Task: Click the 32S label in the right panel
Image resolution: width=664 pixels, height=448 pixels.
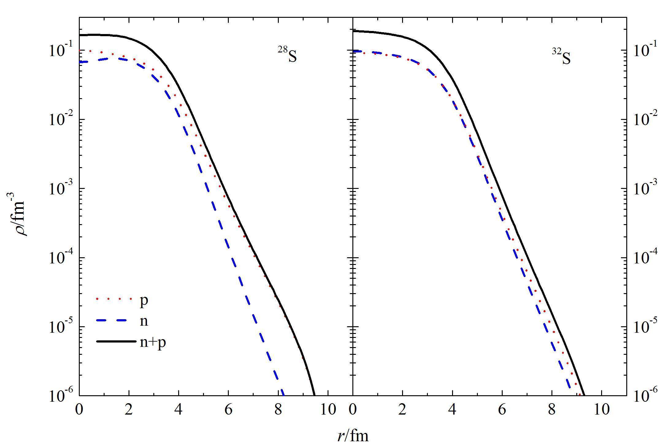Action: [x=561, y=57]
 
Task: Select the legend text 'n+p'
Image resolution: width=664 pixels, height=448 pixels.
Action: [x=153, y=342]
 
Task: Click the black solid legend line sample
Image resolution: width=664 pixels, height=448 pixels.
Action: [x=116, y=341]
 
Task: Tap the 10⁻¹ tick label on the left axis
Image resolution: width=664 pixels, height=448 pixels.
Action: [x=60, y=51]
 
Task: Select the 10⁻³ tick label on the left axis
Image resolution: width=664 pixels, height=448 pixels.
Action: [x=60, y=189]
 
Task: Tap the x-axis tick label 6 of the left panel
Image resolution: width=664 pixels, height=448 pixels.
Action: [x=228, y=410]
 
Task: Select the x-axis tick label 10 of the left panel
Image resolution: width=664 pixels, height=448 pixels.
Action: [x=328, y=410]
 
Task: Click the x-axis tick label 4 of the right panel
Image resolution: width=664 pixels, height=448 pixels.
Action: [x=452, y=410]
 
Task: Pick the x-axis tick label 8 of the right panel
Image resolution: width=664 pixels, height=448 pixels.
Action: [x=552, y=410]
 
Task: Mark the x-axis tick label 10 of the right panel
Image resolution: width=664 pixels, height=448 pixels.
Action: [x=601, y=410]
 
